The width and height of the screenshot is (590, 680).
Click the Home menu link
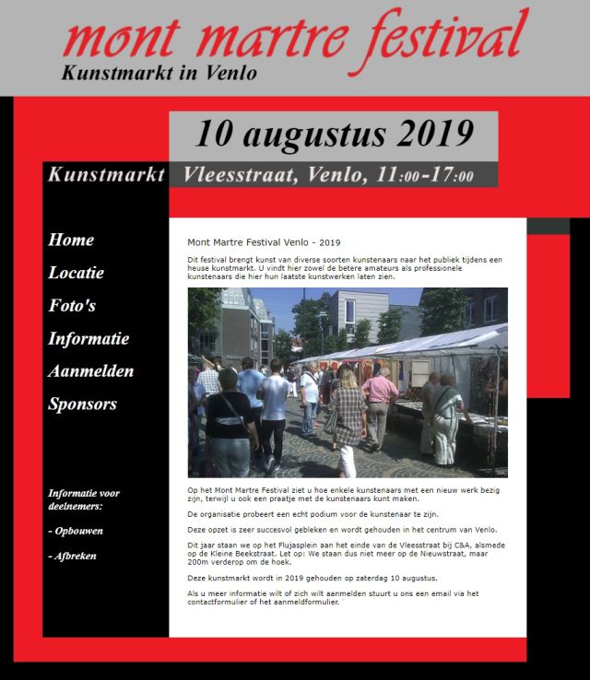click(x=71, y=240)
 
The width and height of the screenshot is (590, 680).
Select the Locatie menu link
click(x=76, y=273)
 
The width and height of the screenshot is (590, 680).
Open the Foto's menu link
click(x=72, y=305)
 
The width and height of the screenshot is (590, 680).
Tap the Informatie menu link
click(x=88, y=338)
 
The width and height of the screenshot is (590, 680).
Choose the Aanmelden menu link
click(x=90, y=371)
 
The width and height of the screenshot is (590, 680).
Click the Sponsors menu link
click(x=82, y=404)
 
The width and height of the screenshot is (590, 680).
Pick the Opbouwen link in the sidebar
click(x=77, y=531)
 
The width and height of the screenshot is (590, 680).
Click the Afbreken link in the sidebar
click(x=73, y=556)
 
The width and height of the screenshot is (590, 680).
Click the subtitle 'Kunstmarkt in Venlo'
click(x=159, y=72)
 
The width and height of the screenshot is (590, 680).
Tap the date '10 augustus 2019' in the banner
click(x=334, y=134)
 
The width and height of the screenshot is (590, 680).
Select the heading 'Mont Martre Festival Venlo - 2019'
click(x=264, y=242)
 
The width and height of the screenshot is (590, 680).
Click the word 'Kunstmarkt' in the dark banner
click(x=107, y=175)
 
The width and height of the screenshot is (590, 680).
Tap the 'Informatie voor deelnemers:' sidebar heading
click(x=83, y=499)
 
